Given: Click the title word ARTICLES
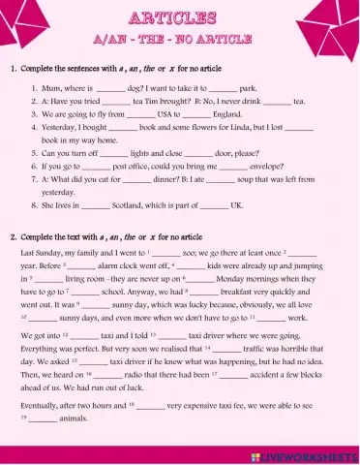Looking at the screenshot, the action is pos(180,18).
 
